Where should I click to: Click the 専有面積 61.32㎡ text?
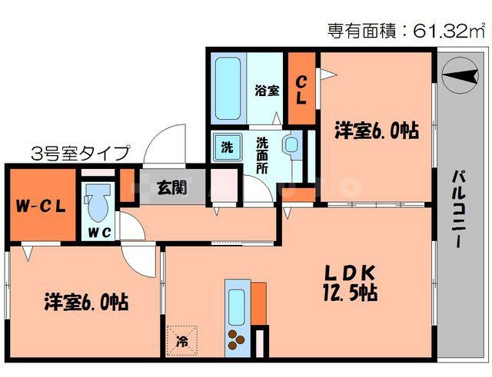pos(407,31)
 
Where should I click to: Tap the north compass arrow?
pos(461,78)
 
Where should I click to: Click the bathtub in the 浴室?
pos(228,88)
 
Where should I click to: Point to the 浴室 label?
pos(267,90)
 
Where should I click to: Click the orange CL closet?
pos(301,89)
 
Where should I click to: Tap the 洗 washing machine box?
pos(227,145)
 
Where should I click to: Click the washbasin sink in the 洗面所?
pos(291,145)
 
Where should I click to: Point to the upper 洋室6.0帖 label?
pos(376,131)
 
